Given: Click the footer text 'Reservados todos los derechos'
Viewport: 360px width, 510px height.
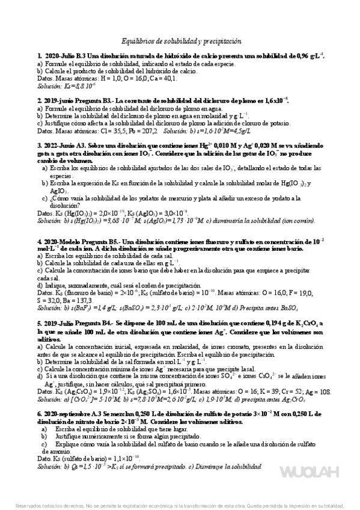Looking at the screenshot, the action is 51,506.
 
